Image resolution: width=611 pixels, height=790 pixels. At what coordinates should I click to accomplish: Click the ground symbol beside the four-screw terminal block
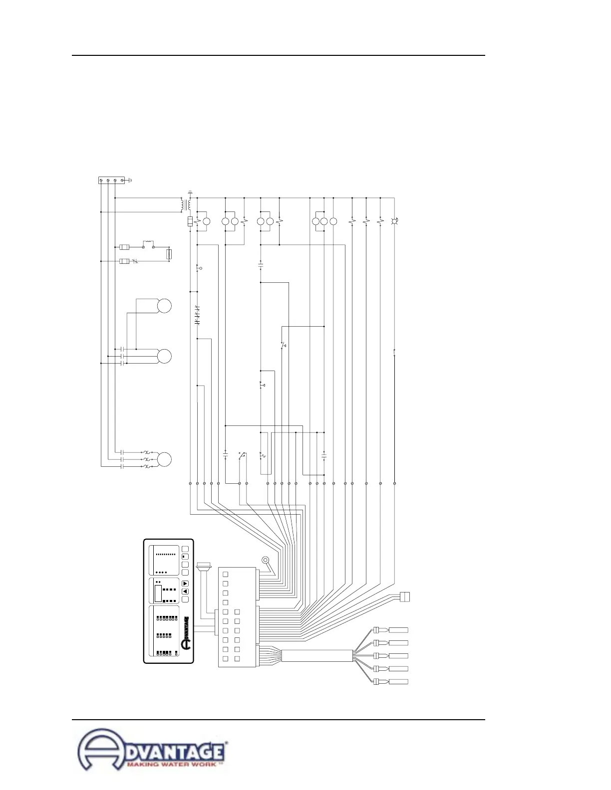coord(129,180)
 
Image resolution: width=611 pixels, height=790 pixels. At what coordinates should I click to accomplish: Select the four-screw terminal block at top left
coord(111,180)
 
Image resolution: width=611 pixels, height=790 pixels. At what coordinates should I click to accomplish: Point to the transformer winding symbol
coord(186,205)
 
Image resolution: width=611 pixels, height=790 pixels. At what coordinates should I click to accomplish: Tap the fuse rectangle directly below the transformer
coord(190,221)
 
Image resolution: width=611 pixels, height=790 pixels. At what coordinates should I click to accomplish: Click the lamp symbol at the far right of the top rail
coord(394,220)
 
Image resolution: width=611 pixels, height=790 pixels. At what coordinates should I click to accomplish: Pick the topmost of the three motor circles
coord(164,306)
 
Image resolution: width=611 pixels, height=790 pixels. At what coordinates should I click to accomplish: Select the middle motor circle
coord(164,356)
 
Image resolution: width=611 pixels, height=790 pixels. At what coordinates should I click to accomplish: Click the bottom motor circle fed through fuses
coord(164,459)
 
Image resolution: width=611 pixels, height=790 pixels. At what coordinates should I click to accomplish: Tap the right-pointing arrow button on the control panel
coord(185,584)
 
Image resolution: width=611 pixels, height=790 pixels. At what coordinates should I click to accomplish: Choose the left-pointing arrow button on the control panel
coord(185,592)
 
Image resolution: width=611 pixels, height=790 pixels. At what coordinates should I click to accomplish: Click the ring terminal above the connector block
coord(266,560)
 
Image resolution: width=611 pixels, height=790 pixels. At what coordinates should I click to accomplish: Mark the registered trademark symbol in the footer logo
coord(228,743)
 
